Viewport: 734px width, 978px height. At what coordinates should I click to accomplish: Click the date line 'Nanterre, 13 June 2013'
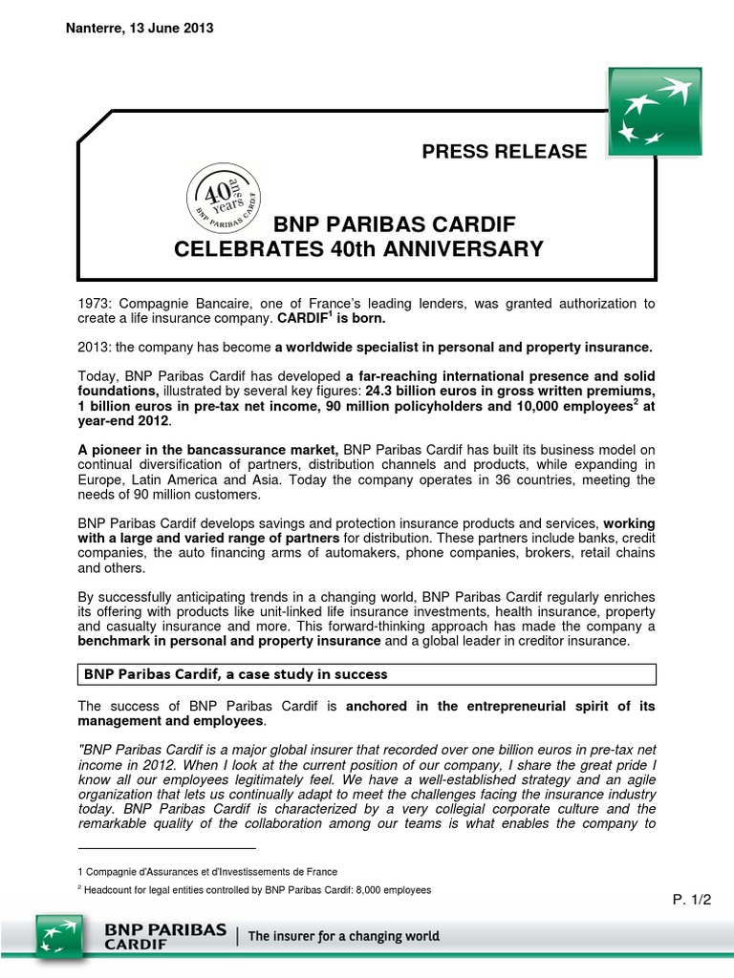[140, 29]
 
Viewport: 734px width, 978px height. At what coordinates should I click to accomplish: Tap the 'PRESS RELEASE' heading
[504, 151]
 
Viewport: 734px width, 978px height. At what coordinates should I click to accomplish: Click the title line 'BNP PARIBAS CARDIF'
[395, 225]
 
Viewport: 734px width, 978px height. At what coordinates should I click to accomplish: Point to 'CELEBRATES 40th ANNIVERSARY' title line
[358, 250]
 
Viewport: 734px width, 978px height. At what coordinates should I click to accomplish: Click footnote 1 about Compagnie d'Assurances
[206, 871]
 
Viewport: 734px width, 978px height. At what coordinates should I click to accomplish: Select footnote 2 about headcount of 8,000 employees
[254, 890]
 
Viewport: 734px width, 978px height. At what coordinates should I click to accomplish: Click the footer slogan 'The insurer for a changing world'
[344, 937]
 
